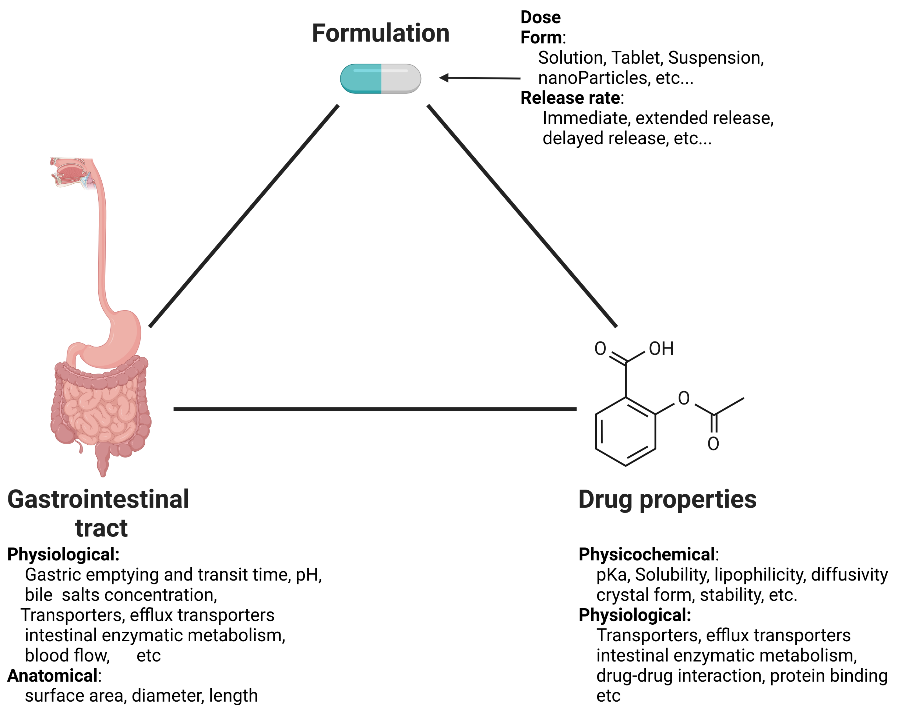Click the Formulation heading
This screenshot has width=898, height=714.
(380, 33)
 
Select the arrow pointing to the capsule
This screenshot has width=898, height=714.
(479, 78)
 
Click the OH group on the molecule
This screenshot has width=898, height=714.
(661, 349)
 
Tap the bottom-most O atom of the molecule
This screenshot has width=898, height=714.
(713, 444)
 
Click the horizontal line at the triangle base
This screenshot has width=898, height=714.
(375, 409)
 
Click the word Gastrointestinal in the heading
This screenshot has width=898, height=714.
(98, 499)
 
